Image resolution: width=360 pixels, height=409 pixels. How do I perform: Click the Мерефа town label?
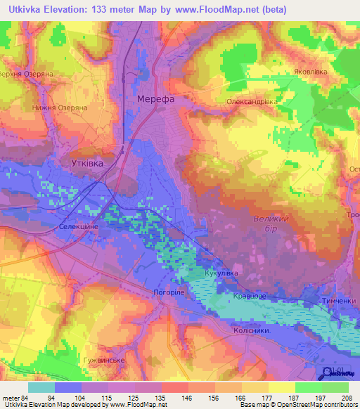(155, 99)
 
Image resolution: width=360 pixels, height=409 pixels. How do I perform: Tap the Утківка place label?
(88, 163)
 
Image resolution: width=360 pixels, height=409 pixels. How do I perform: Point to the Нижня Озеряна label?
(59, 108)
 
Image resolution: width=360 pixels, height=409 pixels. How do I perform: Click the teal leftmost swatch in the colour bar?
(41, 387)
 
